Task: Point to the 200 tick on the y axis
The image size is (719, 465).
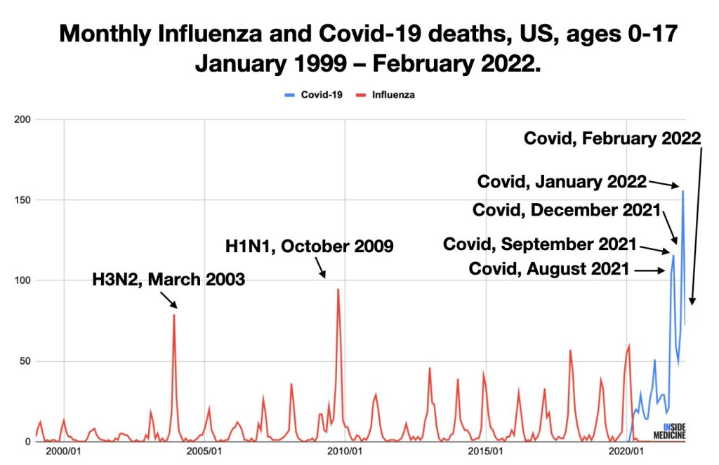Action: tap(22, 119)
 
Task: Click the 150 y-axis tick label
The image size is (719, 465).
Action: tap(22, 200)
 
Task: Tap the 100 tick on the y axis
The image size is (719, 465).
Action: tap(22, 281)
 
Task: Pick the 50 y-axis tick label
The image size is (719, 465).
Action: tap(24, 361)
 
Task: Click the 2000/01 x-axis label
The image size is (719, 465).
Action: tap(62, 450)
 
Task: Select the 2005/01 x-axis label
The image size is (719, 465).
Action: tap(204, 450)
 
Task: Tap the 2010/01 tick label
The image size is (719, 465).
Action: tap(345, 450)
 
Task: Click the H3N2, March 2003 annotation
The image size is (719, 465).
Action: tap(169, 280)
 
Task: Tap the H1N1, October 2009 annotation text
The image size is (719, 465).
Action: tap(309, 247)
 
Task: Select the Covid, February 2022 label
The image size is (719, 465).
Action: tap(612, 138)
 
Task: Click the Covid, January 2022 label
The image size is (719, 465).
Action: tap(562, 181)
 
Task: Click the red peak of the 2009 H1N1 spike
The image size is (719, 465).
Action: tap(338, 289)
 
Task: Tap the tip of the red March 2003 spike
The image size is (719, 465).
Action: tap(174, 315)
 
